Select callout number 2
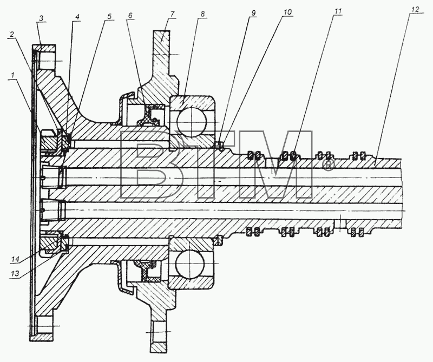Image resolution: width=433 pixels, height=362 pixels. (x=11, y=35)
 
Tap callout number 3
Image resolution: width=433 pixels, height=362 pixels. (x=41, y=19)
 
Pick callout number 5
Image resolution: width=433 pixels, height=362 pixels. (x=109, y=16)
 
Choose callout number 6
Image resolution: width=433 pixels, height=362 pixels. (x=130, y=15)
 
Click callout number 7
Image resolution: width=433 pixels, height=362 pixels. (x=172, y=14)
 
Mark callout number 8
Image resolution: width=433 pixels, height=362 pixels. (x=202, y=14)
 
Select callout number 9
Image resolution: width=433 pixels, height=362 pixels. (x=253, y=12)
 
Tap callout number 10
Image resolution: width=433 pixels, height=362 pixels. (x=287, y=12)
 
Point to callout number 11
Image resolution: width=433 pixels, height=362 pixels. (x=338, y=11)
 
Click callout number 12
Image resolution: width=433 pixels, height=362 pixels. (x=415, y=9)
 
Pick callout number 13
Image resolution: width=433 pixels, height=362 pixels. (x=15, y=273)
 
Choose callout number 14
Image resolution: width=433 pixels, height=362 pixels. (x=15, y=259)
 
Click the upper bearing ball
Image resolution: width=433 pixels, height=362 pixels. (x=192, y=121)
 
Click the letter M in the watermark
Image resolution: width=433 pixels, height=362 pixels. (x=276, y=164)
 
